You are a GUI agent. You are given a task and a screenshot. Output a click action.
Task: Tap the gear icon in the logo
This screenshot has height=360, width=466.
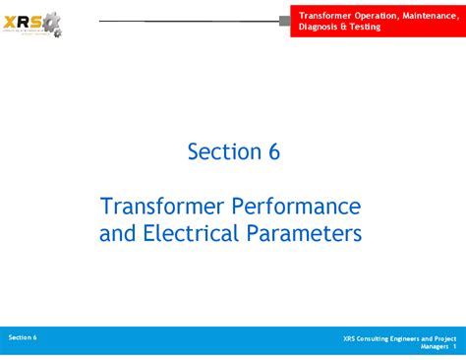coord(51,22)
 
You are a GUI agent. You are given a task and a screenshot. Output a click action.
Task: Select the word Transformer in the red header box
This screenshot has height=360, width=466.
coord(325,15)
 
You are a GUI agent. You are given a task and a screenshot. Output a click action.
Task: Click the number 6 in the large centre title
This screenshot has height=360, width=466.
coord(273,151)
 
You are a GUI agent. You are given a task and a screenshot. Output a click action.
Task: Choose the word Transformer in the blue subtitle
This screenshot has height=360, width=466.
coord(162,207)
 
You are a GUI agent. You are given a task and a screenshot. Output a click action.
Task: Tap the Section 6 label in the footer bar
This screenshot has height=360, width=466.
coord(23,337)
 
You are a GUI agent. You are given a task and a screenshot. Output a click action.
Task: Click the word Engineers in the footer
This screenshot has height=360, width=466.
coord(414,338)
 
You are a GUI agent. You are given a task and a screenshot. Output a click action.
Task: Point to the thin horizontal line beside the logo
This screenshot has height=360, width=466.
coord(187,21)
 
